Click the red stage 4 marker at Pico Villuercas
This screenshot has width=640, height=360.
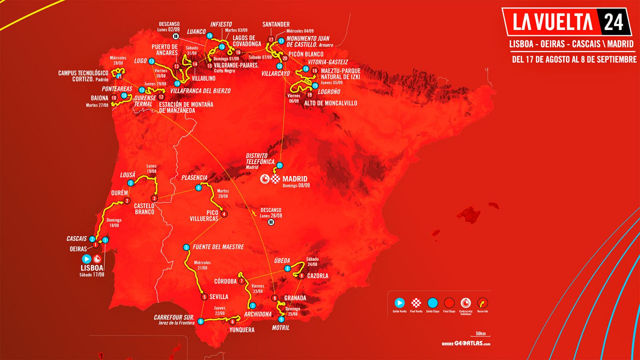click(224, 214)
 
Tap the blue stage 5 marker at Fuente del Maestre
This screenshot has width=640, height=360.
click(186, 248)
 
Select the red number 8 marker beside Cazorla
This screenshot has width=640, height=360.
click(302, 276)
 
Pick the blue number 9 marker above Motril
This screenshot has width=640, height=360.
click(281, 319)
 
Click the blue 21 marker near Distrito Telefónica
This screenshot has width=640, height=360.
click(280, 166)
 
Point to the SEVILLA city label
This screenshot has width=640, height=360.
click(219, 297)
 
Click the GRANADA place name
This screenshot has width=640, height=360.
click(295, 298)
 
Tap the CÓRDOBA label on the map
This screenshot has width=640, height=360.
click(225, 281)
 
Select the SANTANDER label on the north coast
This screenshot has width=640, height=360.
click(276, 24)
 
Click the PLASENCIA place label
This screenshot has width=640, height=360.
click(194, 178)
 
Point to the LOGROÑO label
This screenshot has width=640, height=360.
click(329, 92)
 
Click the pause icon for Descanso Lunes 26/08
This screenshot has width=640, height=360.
click(271, 222)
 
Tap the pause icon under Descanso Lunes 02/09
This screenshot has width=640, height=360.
click(176, 36)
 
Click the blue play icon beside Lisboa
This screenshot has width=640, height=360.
click(86, 259)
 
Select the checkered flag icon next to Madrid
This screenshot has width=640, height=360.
click(275, 179)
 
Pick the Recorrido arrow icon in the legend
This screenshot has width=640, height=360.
click(482, 303)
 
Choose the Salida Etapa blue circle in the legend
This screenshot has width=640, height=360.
click(432, 303)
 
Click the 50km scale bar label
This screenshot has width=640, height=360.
click(481, 334)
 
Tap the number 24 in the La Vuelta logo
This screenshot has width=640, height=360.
click(613, 22)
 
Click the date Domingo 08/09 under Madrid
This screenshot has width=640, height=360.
click(296, 186)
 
